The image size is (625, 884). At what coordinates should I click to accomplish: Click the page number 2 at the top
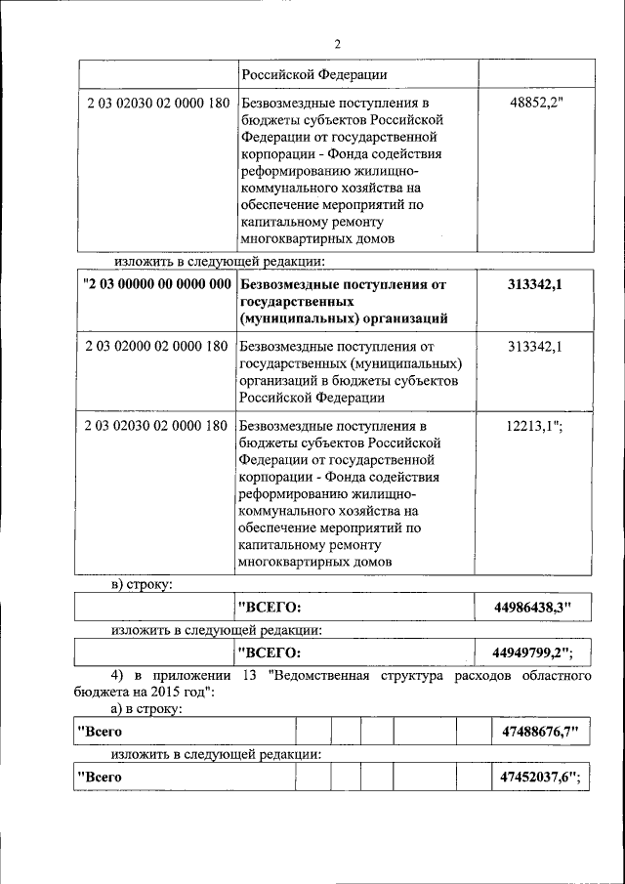click(x=337, y=43)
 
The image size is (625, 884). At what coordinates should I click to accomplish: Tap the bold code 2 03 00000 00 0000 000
click(x=157, y=284)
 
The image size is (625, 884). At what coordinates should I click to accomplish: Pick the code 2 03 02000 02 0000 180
click(x=157, y=346)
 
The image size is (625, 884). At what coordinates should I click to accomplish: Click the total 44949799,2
click(x=533, y=652)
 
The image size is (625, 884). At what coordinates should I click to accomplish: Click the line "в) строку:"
click(x=141, y=584)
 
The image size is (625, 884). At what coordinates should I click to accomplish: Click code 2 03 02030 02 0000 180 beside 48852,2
click(x=157, y=102)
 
